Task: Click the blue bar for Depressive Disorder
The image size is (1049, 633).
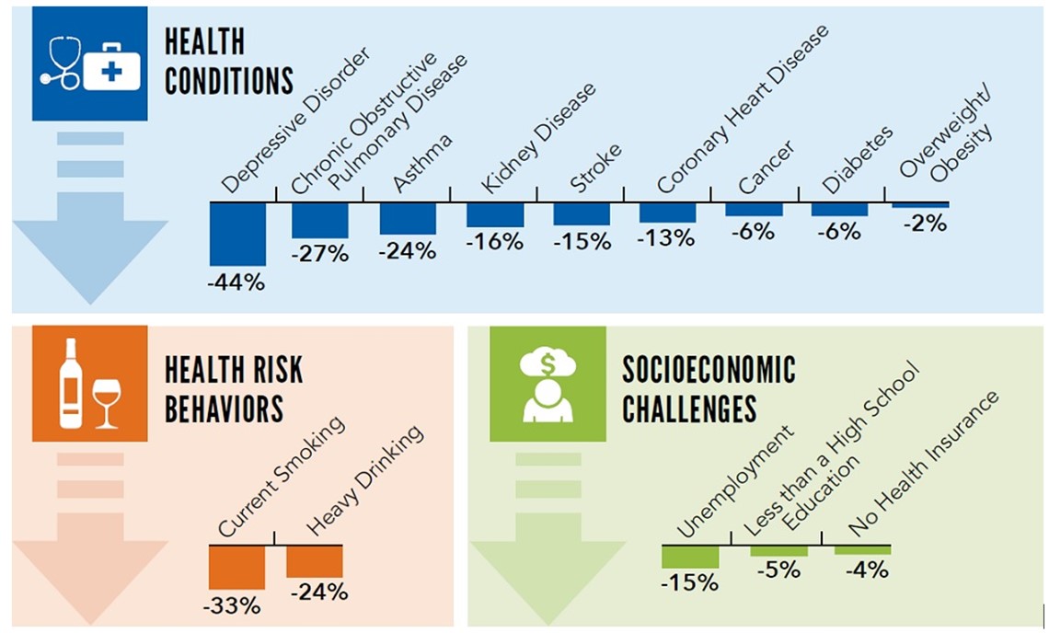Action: pos(237,234)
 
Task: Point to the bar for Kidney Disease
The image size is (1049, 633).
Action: pos(495,214)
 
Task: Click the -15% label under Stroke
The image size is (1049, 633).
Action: pos(582,242)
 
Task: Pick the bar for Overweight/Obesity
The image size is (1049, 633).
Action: pos(920,204)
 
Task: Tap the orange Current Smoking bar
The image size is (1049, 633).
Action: pos(237,568)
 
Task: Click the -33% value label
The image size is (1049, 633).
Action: pos(237,606)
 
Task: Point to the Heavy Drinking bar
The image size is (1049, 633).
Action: pos(315,561)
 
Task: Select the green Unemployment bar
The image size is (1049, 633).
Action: pos(690,558)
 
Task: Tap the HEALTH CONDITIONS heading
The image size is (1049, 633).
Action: pos(228,62)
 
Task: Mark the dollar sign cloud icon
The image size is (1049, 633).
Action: pos(548,364)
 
